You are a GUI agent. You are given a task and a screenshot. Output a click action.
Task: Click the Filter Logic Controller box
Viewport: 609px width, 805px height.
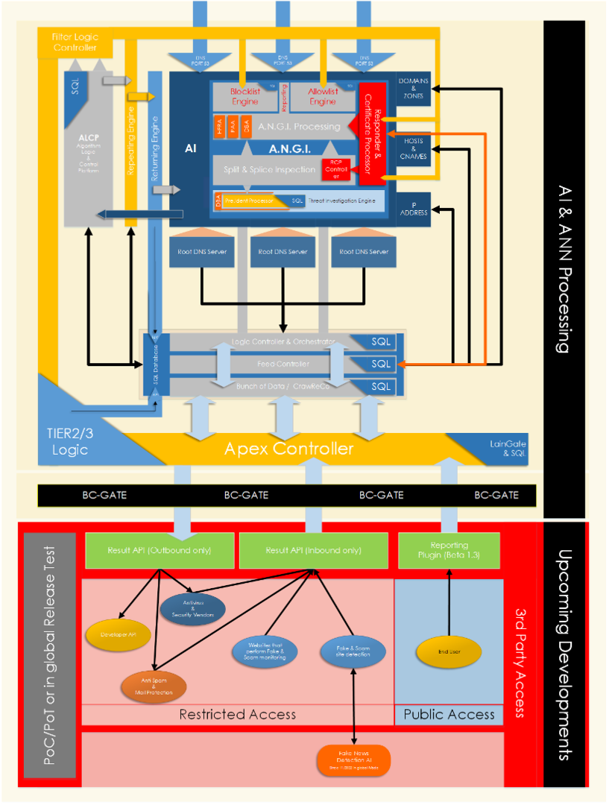coord(75,42)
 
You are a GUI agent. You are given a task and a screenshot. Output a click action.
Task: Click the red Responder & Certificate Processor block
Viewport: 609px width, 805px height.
coord(376,134)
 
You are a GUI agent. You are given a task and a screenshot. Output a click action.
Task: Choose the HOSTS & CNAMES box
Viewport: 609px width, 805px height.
coord(413,148)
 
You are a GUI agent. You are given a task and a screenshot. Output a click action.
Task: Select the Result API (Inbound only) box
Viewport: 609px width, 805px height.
coord(313,551)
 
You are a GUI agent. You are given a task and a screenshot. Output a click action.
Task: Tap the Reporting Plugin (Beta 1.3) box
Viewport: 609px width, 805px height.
coord(449,551)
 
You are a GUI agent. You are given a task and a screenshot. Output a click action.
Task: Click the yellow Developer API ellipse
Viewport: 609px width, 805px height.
coord(119,634)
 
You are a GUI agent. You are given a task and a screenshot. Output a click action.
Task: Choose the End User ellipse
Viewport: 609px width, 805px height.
coord(448,651)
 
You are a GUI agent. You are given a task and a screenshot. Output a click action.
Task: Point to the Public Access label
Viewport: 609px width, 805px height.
coord(449,714)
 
